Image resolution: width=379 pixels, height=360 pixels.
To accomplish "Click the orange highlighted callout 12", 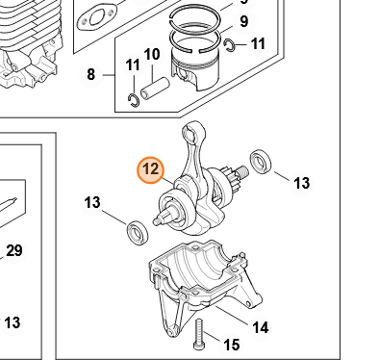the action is [150, 170].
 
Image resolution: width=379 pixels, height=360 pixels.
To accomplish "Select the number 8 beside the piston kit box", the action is [91, 75].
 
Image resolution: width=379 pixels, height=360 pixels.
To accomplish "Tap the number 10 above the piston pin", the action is [152, 55].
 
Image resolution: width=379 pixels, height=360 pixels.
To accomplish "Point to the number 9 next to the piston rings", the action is [244, 21].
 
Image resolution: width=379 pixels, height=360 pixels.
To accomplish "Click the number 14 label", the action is [261, 328].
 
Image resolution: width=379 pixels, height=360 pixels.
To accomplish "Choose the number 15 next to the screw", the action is [231, 345].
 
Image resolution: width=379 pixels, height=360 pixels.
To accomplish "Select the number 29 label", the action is [14, 251].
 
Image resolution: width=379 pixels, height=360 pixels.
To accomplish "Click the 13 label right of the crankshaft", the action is [302, 183].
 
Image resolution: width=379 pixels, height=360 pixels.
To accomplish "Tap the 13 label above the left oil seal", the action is [92, 203].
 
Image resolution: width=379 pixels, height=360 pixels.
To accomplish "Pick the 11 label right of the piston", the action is [258, 43].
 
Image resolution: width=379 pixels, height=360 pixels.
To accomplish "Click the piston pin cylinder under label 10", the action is [154, 89].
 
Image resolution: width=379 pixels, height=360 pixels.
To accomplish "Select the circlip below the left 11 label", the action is [134, 100].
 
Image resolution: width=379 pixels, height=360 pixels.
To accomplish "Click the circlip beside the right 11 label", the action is [230, 45].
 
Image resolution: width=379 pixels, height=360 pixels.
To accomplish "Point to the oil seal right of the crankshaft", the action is [261, 162].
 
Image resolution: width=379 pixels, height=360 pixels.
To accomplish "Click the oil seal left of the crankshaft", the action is [138, 232].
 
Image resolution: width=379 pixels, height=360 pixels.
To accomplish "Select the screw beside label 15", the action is [198, 334].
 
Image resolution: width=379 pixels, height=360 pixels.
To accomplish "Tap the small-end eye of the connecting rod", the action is [192, 131].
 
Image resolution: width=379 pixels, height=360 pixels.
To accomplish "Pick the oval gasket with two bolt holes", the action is [97, 17].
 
